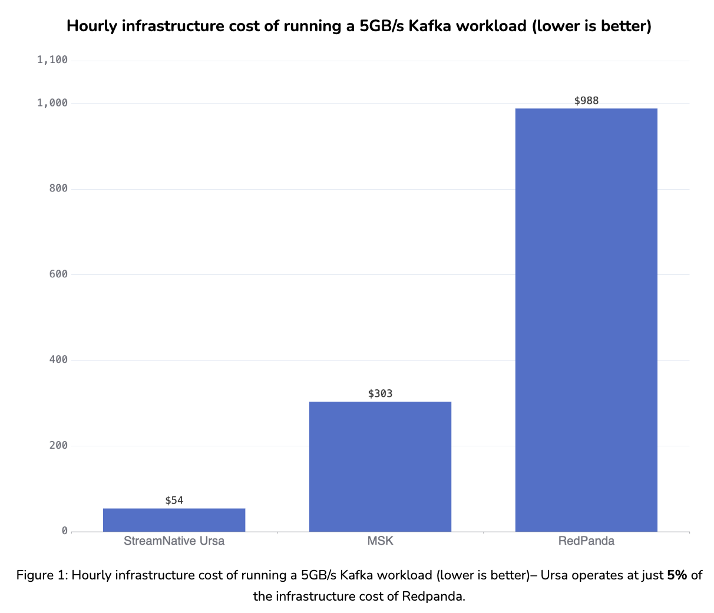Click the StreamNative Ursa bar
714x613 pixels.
(174, 519)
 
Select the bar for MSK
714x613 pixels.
(380, 466)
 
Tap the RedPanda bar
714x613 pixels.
(586, 320)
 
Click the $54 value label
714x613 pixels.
(174, 501)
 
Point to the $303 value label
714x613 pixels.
(380, 393)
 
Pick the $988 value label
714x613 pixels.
(586, 101)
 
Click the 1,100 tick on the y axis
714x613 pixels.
(52, 59)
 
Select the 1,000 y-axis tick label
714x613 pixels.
(52, 103)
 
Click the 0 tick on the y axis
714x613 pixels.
(65, 531)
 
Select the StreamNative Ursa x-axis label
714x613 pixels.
(174, 541)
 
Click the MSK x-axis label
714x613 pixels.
(380, 541)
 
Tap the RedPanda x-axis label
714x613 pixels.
(586, 541)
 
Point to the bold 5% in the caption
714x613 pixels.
(677, 575)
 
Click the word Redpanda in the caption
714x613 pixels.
(433, 597)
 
